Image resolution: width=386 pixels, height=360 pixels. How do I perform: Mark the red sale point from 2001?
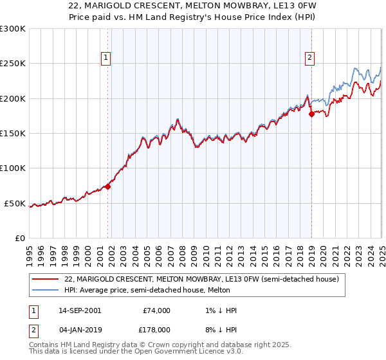pos(108,186)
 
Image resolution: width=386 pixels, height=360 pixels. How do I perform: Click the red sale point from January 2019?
pos(311,114)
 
